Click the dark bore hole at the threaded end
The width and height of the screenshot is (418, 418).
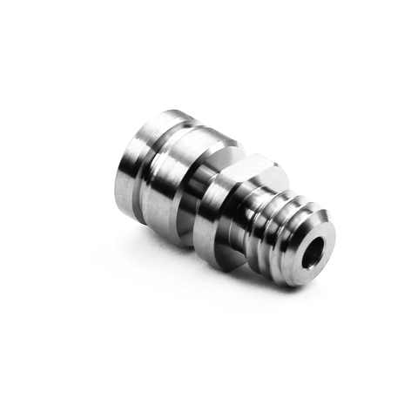click(310, 252)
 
